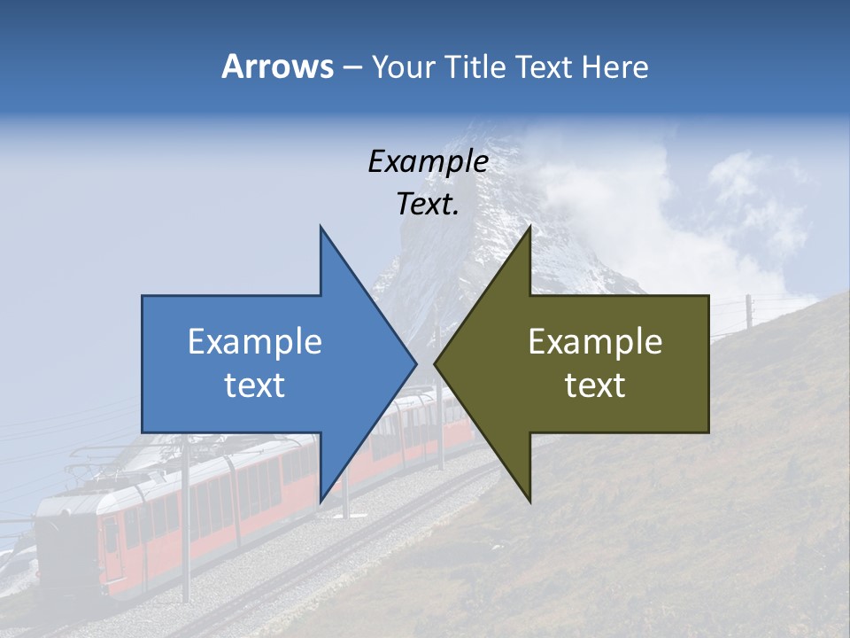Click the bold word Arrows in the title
(277, 66)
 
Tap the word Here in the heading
(614, 66)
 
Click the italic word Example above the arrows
(428, 162)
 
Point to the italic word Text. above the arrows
(428, 205)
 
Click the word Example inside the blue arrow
(254, 342)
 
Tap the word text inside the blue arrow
(254, 385)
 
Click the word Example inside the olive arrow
(595, 342)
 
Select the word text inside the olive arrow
(595, 385)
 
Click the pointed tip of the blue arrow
(415, 363)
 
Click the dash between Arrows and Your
(352, 67)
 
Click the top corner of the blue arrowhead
(321, 227)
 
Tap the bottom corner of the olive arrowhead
(529, 502)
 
